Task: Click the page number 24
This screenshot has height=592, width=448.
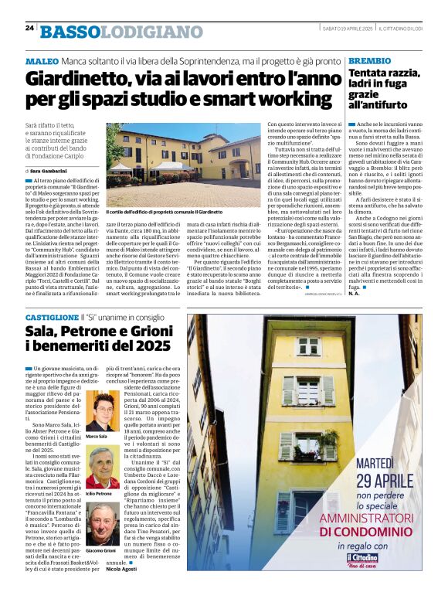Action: click(x=29, y=28)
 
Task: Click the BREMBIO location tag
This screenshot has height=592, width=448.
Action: click(x=368, y=60)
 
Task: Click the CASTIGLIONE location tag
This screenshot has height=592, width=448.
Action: click(x=52, y=318)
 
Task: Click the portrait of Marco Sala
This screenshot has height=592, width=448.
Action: click(x=100, y=413)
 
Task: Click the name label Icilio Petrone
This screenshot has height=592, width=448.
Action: click(x=99, y=493)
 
